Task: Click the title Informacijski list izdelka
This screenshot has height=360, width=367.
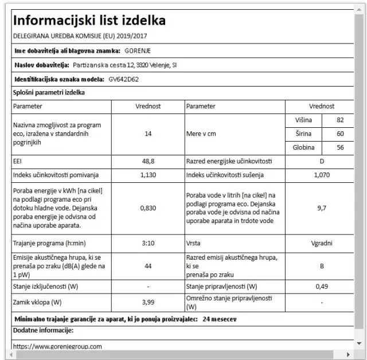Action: [89, 21]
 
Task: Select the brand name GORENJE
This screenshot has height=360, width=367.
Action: [138, 50]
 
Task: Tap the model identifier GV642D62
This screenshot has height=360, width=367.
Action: [124, 79]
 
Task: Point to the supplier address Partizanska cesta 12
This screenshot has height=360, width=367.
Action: [105, 65]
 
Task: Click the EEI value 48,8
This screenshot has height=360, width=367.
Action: [148, 162]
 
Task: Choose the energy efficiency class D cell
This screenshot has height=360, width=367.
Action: [321, 162]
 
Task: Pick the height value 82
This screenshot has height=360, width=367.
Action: [340, 119]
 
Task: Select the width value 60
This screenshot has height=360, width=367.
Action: [340, 134]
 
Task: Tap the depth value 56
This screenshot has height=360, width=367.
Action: [340, 147]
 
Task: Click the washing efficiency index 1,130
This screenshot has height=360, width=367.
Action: [148, 175]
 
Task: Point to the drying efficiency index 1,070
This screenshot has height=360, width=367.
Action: [321, 175]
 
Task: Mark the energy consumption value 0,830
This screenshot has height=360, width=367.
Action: [148, 208]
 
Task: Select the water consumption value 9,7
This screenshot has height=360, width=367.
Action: [321, 208]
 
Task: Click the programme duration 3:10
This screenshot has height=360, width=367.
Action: [148, 243]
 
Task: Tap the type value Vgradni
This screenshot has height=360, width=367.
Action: [321, 243]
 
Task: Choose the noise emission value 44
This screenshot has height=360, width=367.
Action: [148, 266]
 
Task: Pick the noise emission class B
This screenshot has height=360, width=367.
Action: [321, 266]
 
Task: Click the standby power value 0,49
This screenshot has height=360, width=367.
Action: [321, 286]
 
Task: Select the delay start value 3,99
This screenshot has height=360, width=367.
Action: [148, 302]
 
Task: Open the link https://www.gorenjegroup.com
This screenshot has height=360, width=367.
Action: [57, 346]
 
